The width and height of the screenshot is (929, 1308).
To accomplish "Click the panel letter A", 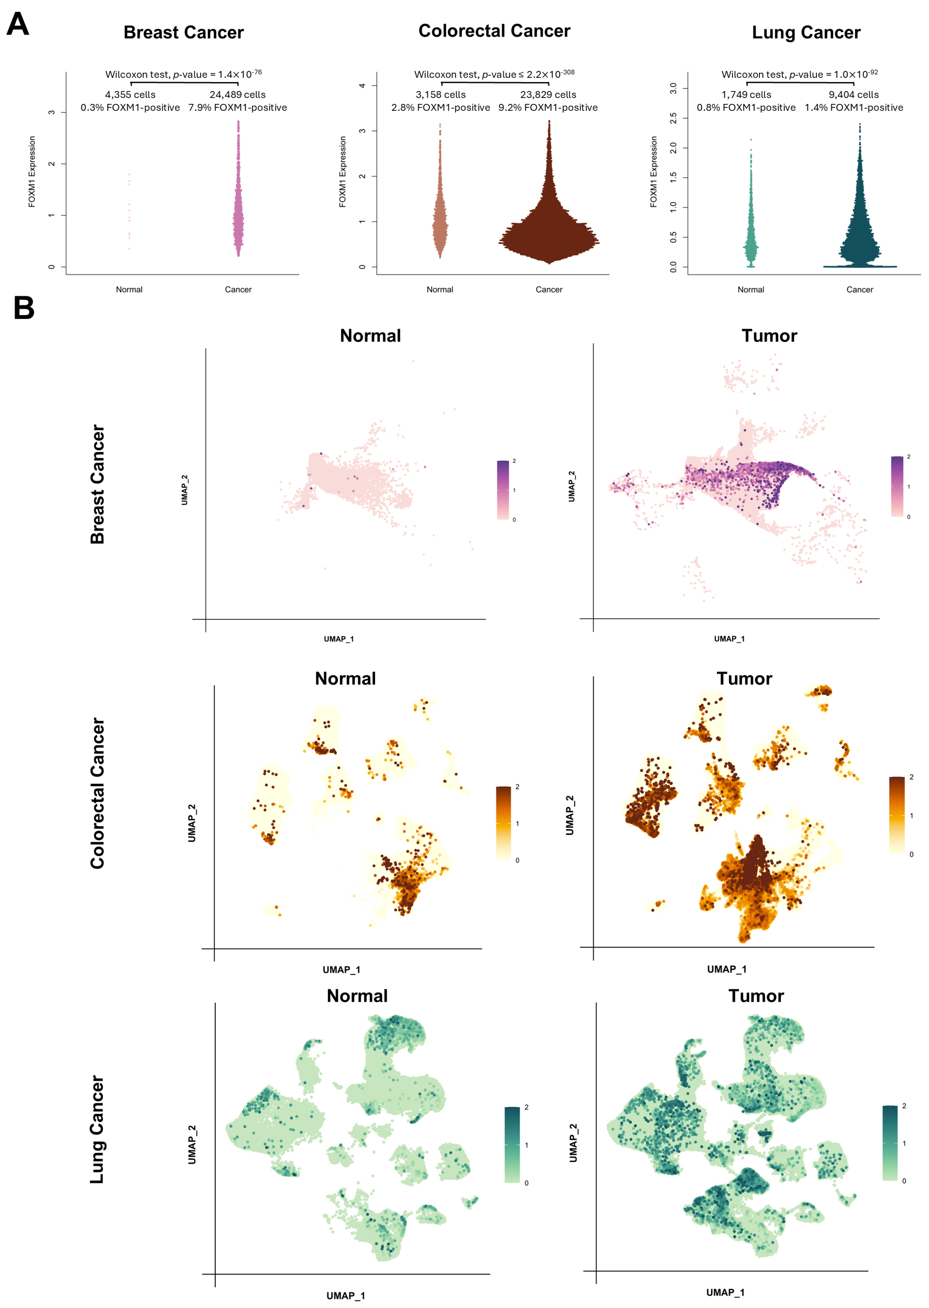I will click(18, 25).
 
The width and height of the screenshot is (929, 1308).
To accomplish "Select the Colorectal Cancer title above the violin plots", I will click(494, 31).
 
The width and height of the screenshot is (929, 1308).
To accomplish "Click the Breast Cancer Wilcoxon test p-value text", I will click(183, 74).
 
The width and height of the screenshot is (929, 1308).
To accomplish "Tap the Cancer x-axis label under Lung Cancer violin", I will click(859, 289).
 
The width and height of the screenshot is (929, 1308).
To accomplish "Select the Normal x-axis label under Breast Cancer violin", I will click(129, 289).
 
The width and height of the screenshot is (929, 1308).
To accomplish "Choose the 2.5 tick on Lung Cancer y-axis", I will click(673, 118).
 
